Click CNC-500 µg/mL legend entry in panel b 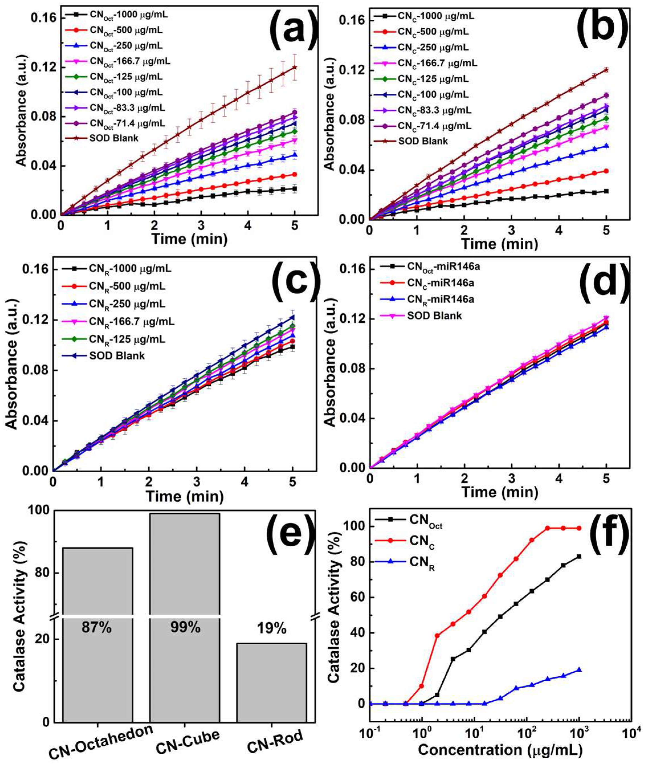point(432,32)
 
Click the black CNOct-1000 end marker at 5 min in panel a point(295,189)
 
